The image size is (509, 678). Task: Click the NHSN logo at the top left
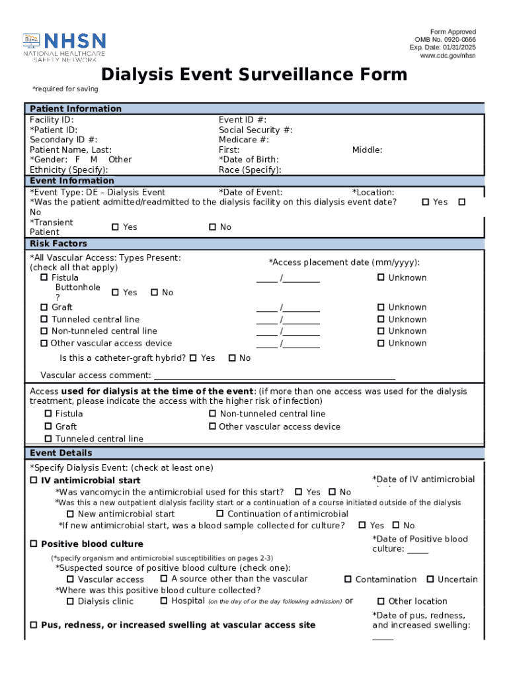[64, 46]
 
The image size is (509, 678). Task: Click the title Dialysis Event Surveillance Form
[254, 74]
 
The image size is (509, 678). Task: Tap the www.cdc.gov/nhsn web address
[448, 56]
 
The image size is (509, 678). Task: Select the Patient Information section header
[76, 109]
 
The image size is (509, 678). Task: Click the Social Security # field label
[255, 130]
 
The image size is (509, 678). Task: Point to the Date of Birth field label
[249, 160]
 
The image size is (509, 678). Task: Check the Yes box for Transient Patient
[115, 227]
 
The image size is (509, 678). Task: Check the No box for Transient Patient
[212, 227]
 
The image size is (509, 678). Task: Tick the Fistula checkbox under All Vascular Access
[44, 277]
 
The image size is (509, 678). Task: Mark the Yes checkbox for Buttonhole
[115, 293]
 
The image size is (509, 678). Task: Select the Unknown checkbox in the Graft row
[381, 307]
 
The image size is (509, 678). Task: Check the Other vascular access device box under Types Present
[44, 343]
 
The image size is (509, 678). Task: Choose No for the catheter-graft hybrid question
[232, 358]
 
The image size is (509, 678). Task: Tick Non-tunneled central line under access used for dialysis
[213, 414]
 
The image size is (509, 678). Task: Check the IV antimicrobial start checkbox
[34, 480]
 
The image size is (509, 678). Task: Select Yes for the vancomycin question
[299, 492]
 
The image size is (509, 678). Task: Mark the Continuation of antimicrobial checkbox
[220, 514]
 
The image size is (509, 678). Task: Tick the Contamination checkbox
[348, 579]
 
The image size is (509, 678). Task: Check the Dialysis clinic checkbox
[70, 601]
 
